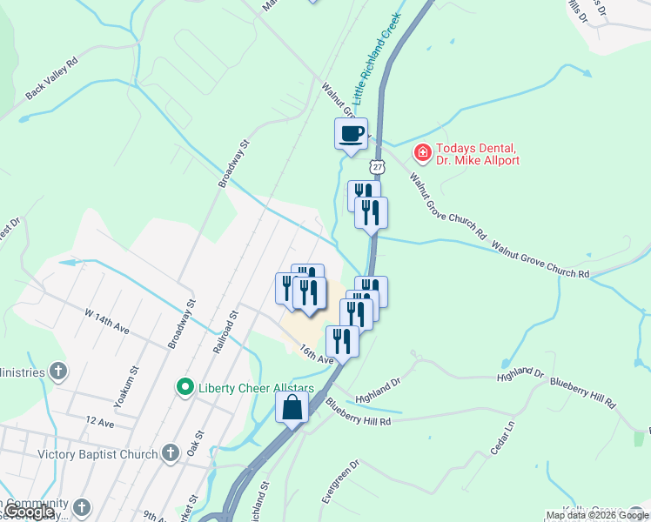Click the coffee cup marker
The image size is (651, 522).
tap(352, 135)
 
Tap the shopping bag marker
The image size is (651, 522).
tap(292, 406)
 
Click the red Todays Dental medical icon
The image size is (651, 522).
tap(422, 153)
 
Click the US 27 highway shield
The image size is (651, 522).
tap(376, 165)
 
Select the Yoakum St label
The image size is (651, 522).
tap(132, 385)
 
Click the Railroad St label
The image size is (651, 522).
tap(225, 332)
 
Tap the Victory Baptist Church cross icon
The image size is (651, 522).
tap(170, 453)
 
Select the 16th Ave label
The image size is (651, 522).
tap(317, 354)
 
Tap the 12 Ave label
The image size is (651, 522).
tap(100, 423)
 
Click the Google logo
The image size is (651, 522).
tap(30, 512)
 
